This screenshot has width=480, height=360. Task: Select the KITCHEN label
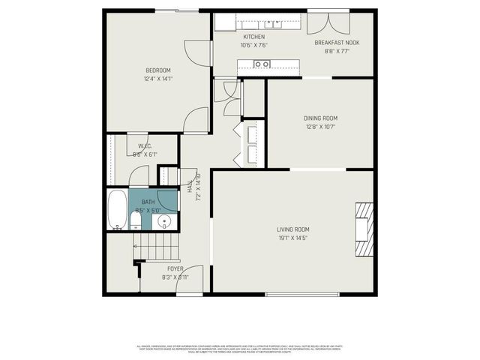coord(254,37)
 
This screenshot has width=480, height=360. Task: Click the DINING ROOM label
coord(320,118)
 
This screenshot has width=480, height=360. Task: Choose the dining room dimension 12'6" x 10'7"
coord(320,126)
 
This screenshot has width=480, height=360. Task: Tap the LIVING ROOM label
coord(292,229)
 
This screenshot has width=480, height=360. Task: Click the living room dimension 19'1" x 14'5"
coord(292,238)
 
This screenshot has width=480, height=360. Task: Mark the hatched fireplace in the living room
coord(363,230)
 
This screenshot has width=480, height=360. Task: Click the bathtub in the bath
coord(116,211)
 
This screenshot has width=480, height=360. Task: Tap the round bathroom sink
coord(166,222)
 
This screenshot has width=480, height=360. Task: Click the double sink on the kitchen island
coord(262,65)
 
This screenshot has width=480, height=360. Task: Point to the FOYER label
coord(175,268)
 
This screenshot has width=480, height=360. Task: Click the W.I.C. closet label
coord(144,145)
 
